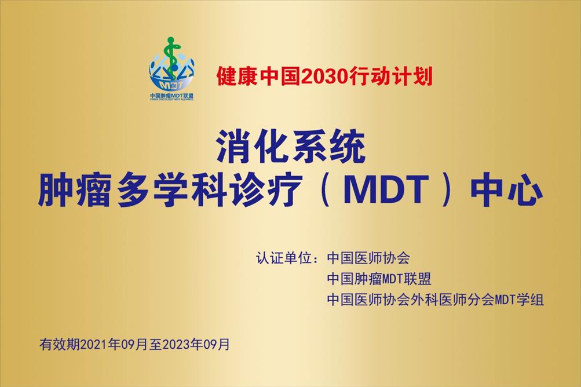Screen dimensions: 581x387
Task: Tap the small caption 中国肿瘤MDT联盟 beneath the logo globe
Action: (172, 95)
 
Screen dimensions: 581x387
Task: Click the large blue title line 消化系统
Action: (291, 147)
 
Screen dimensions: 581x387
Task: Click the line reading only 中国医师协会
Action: (368, 258)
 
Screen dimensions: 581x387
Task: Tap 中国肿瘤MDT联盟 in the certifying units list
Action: (379, 279)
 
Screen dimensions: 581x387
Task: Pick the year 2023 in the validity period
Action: (176, 345)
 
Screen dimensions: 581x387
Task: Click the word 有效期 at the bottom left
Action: (60, 345)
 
